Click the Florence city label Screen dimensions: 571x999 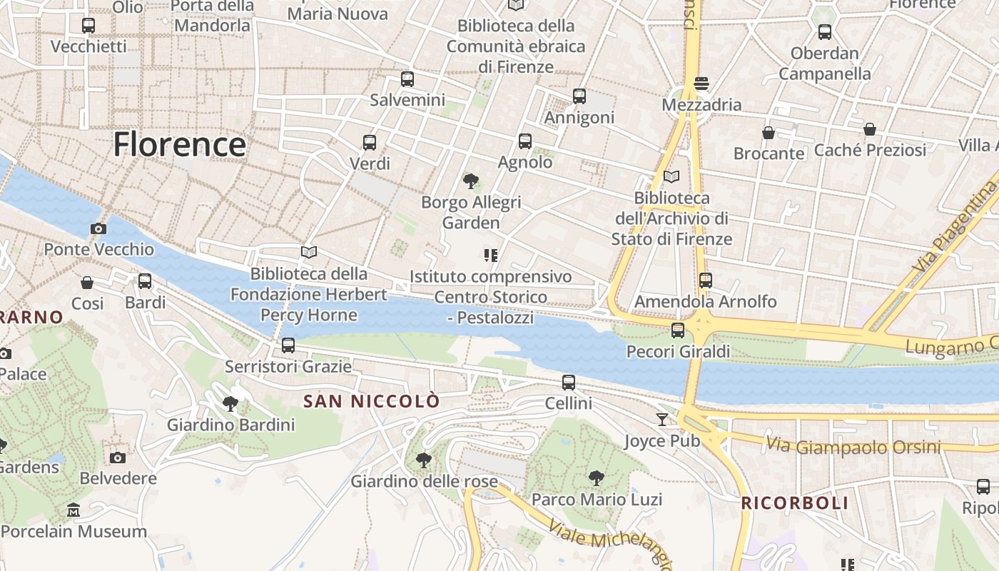click(x=180, y=145)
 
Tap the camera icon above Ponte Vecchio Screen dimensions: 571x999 click(x=98, y=228)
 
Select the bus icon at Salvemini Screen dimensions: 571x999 click(x=407, y=79)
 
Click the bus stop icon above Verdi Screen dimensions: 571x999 click(x=370, y=143)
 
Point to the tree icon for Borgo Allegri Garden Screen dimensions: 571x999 click(x=470, y=181)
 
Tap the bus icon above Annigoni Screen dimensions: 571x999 click(x=579, y=96)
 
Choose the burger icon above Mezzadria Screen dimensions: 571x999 click(x=701, y=84)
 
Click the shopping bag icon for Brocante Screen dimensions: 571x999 click(x=769, y=133)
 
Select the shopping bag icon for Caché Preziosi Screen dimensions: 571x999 click(x=870, y=129)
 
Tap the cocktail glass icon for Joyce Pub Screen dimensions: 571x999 click(x=662, y=420)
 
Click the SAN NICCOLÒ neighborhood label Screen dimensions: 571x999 click(x=372, y=402)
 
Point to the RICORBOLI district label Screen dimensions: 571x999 click(x=795, y=503)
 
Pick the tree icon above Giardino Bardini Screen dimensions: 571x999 click(x=230, y=404)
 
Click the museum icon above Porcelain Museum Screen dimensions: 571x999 click(x=73, y=510)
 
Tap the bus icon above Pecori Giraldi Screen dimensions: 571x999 click(x=678, y=330)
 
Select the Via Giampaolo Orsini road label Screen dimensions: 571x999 click(x=853, y=447)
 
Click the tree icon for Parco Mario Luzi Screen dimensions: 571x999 click(x=597, y=477)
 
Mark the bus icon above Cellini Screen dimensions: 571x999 click(x=569, y=383)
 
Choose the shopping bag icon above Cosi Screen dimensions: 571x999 click(x=87, y=283)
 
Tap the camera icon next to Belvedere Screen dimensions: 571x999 click(x=118, y=458)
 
